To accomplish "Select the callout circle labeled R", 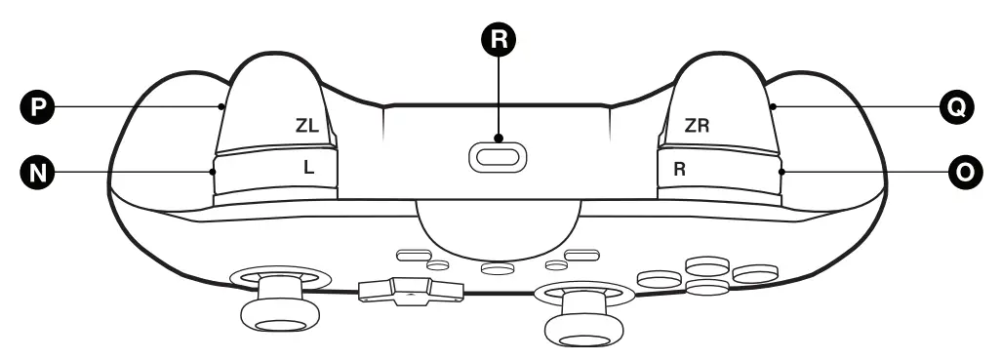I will click(499, 39).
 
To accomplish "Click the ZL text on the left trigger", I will click(307, 126).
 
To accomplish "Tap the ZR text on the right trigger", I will click(697, 126).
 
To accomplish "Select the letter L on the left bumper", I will click(308, 167).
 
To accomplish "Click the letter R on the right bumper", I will click(680, 169).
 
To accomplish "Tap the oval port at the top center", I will click(499, 157).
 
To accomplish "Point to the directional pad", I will click(410, 289).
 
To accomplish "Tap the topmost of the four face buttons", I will click(706, 263).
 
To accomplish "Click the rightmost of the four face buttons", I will click(755, 275).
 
